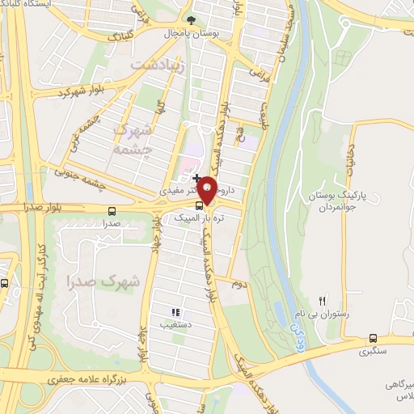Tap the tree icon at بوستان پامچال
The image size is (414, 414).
click(x=191, y=20)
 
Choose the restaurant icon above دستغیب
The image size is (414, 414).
click(x=175, y=312)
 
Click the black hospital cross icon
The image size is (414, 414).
click(x=196, y=177)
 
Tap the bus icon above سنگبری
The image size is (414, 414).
click(x=373, y=338)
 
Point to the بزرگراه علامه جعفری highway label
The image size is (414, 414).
click(x=80, y=378)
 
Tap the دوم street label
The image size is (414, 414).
click(x=238, y=285)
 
